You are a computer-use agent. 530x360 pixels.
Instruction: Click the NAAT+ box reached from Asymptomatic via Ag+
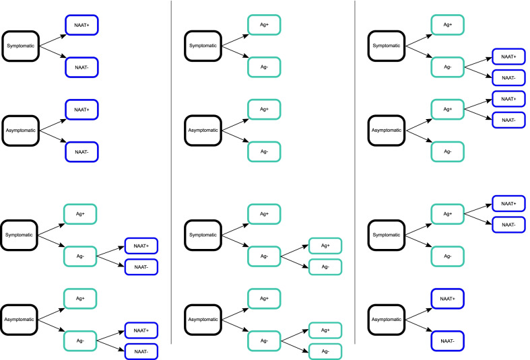(x=509, y=99)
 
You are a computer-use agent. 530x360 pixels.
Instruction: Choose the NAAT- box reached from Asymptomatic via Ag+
(x=509, y=120)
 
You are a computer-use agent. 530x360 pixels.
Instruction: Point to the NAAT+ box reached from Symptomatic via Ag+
(x=509, y=203)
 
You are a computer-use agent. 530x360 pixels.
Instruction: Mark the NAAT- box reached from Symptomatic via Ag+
(x=509, y=224)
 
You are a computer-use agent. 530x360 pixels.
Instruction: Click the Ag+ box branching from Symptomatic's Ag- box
(x=325, y=246)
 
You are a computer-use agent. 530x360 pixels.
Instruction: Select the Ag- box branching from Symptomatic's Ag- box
(x=325, y=266)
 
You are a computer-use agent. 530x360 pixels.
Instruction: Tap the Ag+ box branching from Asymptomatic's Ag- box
(x=325, y=330)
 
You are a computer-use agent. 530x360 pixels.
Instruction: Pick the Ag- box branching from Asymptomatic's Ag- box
(x=325, y=351)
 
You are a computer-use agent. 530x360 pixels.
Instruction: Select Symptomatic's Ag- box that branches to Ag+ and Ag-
(x=265, y=256)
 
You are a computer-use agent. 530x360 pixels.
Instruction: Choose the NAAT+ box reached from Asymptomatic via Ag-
(x=141, y=330)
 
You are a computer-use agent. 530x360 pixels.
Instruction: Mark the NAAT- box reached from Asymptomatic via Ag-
(x=141, y=351)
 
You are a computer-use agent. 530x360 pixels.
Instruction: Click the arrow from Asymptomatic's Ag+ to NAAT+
(x=478, y=104)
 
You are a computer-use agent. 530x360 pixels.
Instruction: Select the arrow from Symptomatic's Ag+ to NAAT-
(x=478, y=219)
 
